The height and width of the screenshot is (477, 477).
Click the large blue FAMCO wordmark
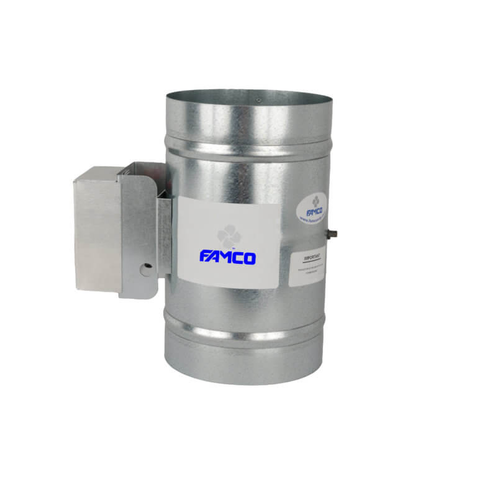(227, 257)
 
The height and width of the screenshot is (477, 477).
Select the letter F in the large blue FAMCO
(205, 257)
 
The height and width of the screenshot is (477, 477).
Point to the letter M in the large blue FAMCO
(227, 257)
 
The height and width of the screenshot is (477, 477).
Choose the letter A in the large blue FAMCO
(215, 257)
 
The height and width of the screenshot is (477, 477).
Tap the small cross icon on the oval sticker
(316, 200)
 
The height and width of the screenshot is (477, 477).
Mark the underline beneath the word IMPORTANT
(307, 259)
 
